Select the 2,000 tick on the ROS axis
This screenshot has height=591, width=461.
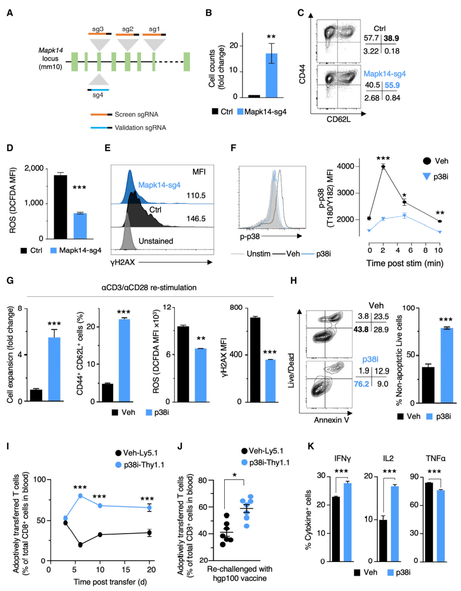pyautogui.click(x=33, y=168)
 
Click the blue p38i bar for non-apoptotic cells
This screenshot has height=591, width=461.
pyautogui.click(x=447, y=365)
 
